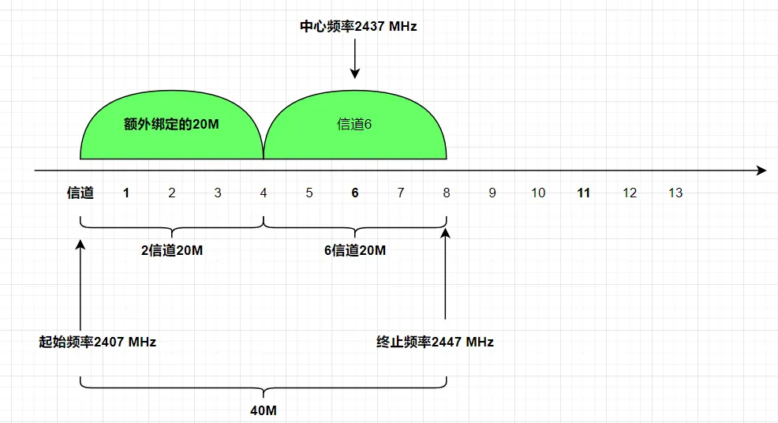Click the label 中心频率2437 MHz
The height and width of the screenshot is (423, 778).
pos(357,26)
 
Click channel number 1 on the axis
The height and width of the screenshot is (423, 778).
pos(126,193)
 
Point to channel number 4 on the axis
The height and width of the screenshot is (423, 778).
pos(264,193)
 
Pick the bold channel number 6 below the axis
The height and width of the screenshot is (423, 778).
pos(355,193)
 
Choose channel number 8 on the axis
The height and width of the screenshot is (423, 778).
pos(447,193)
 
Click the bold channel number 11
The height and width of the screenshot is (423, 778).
pos(584,193)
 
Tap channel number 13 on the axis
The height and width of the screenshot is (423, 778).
pos(675,193)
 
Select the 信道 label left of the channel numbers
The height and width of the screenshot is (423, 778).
pos(80,193)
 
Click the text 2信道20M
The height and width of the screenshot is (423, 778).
pos(172,251)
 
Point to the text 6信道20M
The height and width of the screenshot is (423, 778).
pos(355,251)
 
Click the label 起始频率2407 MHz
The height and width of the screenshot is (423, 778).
pos(98,342)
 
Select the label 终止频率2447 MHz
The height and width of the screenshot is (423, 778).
pos(435,342)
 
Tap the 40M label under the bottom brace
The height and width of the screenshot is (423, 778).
pos(264,410)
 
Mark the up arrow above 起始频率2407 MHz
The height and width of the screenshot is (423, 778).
pos(80,276)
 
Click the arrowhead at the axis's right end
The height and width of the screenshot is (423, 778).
pos(761,170)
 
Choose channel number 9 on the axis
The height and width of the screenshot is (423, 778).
pos(492,193)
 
